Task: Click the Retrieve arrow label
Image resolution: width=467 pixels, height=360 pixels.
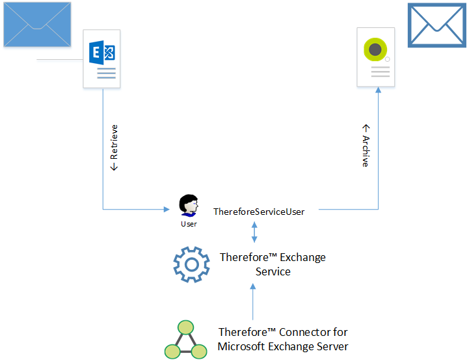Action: click(x=114, y=148)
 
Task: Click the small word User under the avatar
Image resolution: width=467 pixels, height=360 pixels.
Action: click(x=189, y=224)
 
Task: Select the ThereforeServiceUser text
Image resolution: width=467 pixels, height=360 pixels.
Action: click(x=259, y=211)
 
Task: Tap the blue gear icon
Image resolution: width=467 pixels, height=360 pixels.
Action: click(x=191, y=263)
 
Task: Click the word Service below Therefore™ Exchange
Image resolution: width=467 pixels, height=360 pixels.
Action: click(x=273, y=271)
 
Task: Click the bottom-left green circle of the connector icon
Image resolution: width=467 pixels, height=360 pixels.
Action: click(x=172, y=352)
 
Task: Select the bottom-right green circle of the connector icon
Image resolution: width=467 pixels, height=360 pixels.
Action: click(x=198, y=352)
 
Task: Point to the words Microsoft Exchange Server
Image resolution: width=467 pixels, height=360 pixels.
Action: click(x=283, y=346)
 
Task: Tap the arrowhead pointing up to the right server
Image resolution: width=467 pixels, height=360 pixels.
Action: click(x=378, y=92)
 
